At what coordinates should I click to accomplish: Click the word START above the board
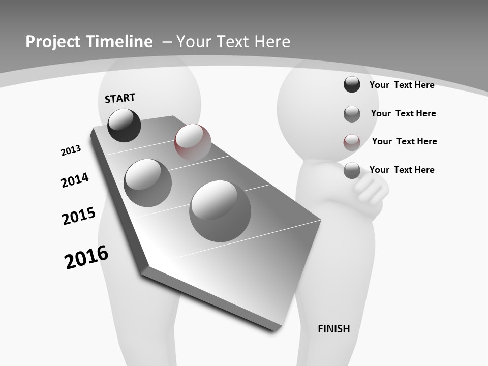[120, 98]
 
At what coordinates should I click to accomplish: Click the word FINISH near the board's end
[333, 329]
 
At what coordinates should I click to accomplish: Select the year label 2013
[71, 150]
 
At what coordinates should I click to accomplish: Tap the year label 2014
[75, 180]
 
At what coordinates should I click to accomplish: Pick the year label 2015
[79, 216]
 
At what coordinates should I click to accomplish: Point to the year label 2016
[86, 257]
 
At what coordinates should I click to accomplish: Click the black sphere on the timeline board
[124, 125]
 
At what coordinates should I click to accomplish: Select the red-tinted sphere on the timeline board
[193, 142]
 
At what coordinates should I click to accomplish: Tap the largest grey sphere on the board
[220, 211]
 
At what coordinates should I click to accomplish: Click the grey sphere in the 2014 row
[148, 182]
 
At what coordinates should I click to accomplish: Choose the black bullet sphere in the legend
[352, 84]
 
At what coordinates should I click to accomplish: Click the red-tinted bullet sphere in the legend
[352, 142]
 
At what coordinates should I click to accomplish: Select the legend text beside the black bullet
[402, 85]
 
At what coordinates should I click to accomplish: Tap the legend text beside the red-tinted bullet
[404, 141]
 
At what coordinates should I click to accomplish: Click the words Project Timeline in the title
[89, 42]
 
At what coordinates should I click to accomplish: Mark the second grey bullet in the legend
[352, 114]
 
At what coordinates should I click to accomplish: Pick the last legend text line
[402, 170]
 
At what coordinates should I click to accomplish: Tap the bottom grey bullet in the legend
[352, 170]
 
